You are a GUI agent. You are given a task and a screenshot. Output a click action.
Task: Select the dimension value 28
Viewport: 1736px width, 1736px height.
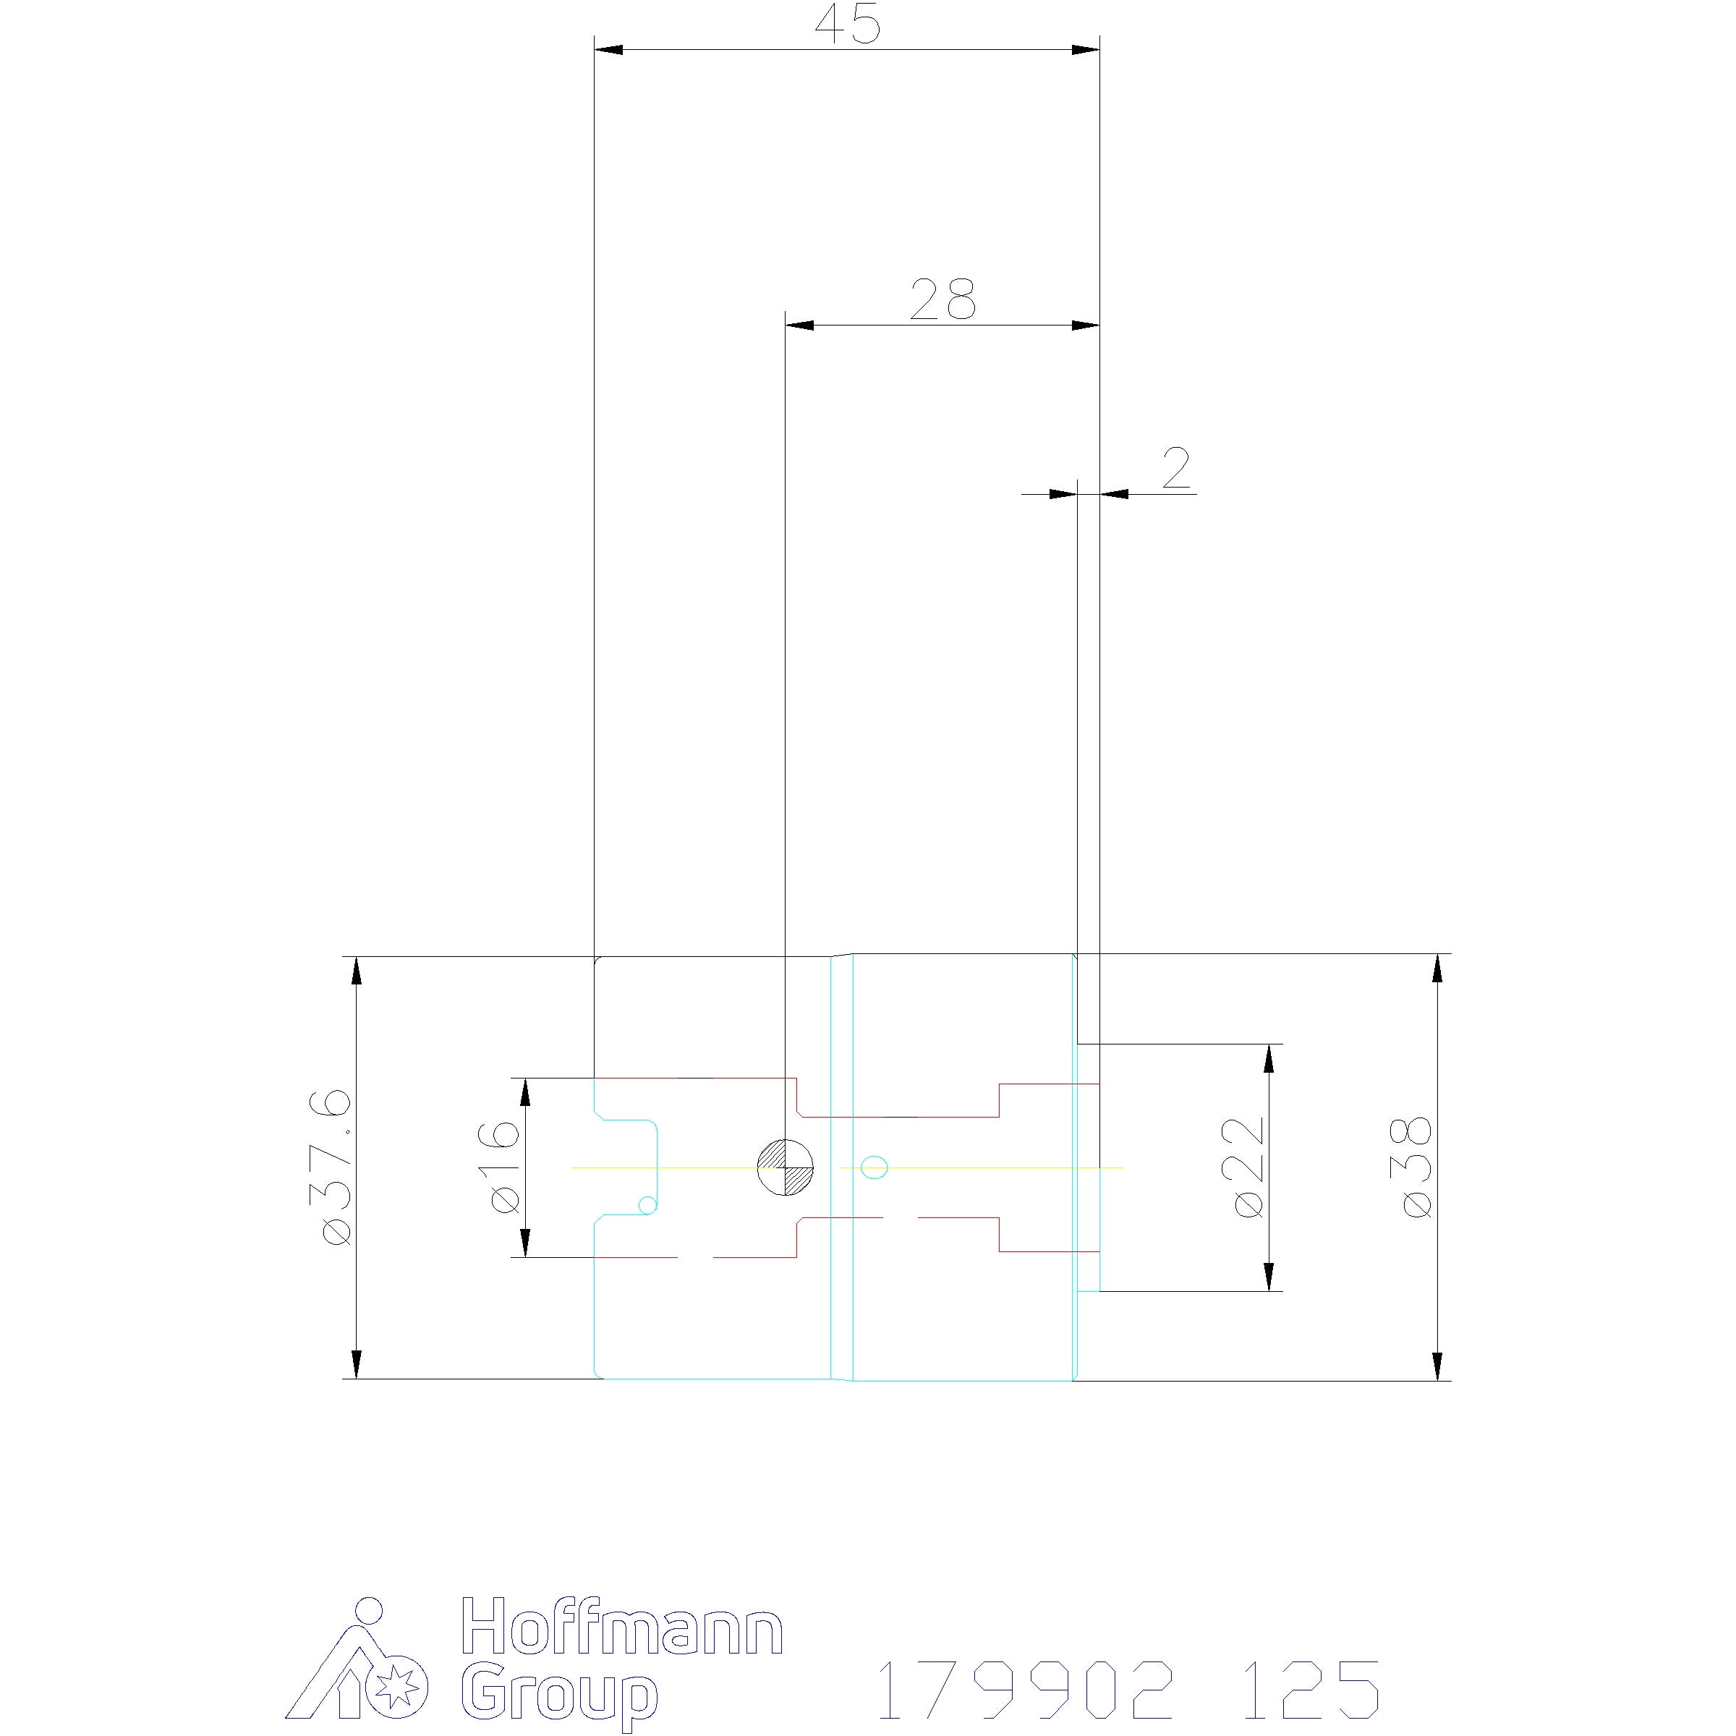pyautogui.click(x=943, y=299)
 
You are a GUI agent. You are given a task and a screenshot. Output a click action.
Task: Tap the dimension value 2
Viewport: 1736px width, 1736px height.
pyautogui.click(x=1176, y=468)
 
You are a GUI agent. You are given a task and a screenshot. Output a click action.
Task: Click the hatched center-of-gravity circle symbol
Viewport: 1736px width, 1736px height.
pyautogui.click(x=786, y=1167)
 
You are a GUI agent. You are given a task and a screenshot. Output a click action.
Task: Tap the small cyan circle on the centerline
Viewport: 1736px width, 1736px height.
pyautogui.click(x=875, y=1167)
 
